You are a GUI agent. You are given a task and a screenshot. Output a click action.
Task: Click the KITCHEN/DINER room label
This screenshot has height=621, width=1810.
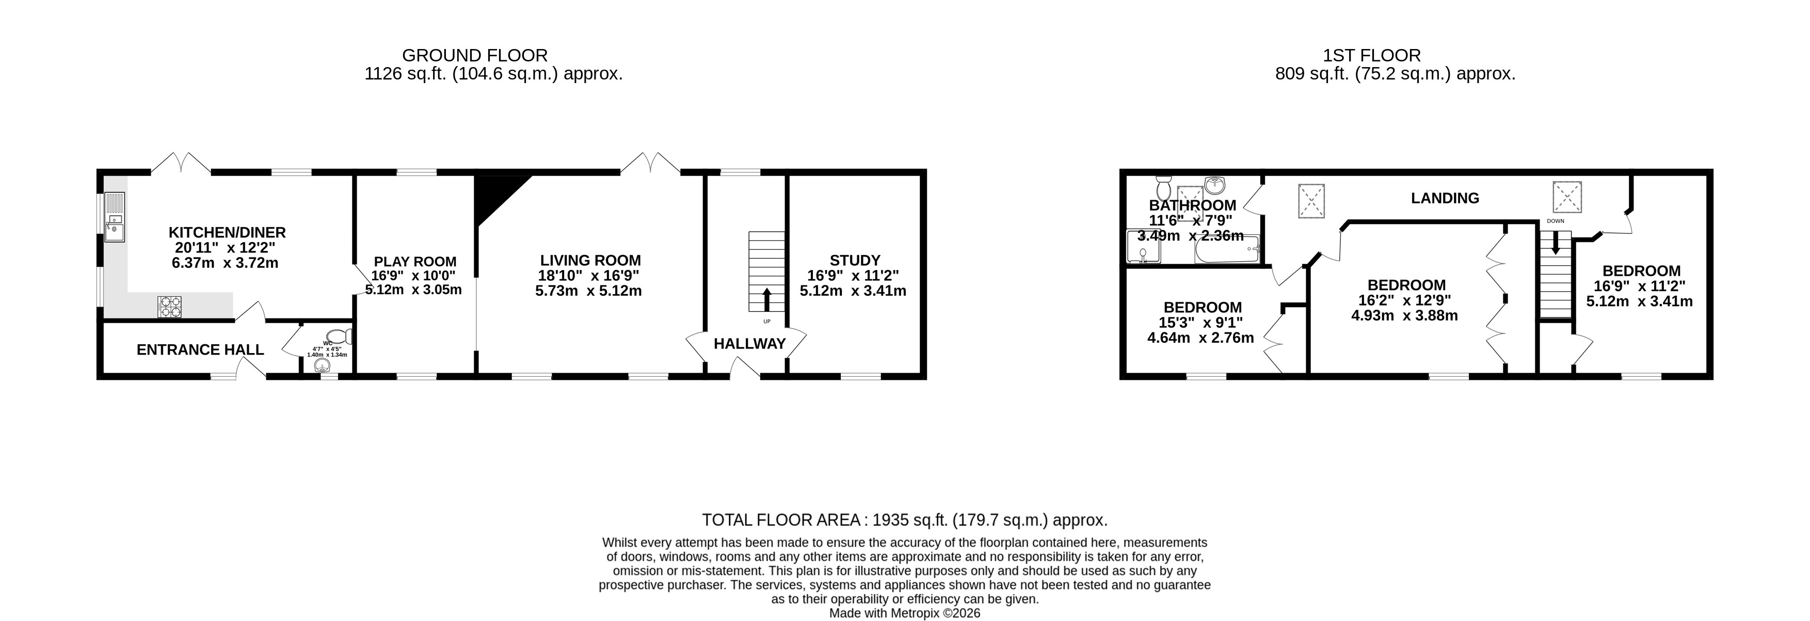click(x=227, y=232)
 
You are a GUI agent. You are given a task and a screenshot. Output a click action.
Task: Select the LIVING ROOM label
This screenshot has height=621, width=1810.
click(x=590, y=261)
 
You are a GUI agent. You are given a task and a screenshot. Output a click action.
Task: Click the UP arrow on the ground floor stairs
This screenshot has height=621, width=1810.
click(x=766, y=299)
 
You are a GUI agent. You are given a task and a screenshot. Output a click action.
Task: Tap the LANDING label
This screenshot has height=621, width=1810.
click(x=1445, y=199)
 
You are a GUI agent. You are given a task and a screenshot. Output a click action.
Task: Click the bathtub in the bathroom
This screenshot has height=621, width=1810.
click(x=1227, y=250)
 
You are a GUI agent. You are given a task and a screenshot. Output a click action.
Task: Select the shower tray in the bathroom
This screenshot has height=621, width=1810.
click(x=1143, y=247)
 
